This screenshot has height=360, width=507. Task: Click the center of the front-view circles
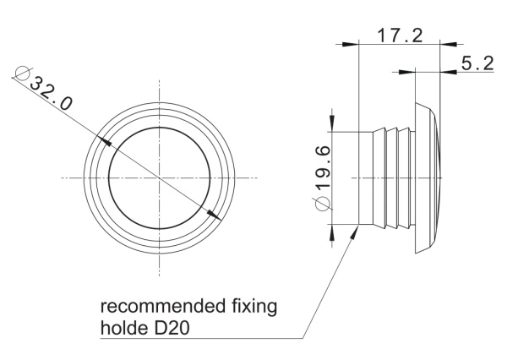pos(160,177)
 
